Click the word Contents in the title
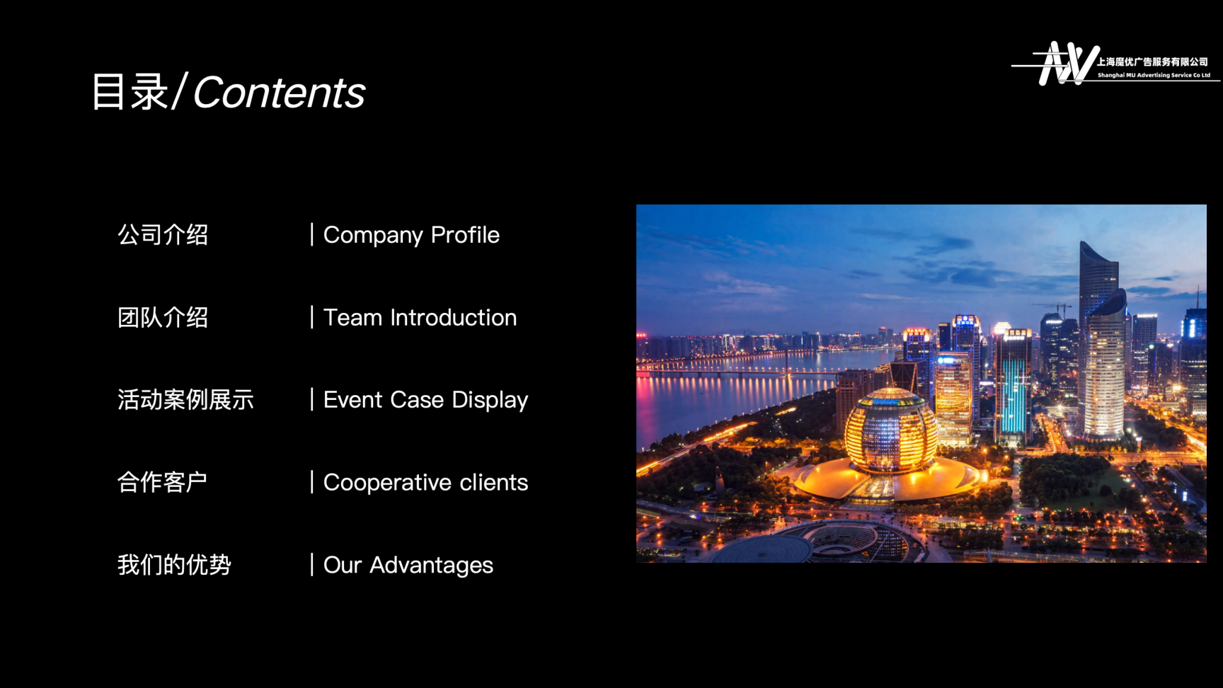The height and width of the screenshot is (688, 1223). click(x=279, y=93)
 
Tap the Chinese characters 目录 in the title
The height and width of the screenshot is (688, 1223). click(x=130, y=92)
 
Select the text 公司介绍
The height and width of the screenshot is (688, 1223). click(x=163, y=235)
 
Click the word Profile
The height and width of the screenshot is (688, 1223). click(x=465, y=235)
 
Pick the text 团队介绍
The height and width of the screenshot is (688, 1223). click(x=163, y=318)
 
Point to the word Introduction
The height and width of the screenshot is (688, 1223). click(x=454, y=318)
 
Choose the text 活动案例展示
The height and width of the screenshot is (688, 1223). click(x=185, y=400)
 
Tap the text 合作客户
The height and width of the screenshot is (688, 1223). click(x=162, y=483)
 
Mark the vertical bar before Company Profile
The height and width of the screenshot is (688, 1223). click(x=311, y=234)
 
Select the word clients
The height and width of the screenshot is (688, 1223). click(x=494, y=483)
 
